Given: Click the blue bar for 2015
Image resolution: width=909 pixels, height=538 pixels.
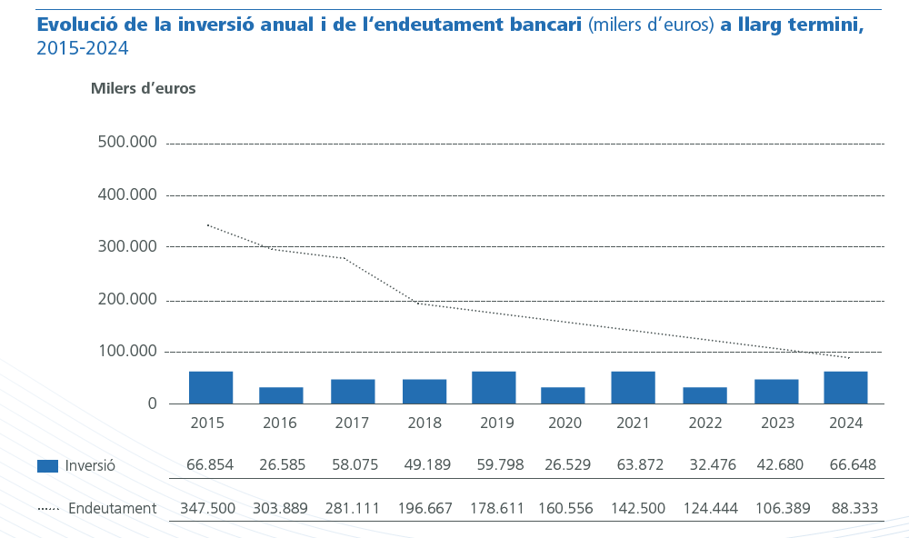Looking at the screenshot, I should coord(211,387).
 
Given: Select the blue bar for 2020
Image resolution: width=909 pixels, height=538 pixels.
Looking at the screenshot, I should coord(563,395).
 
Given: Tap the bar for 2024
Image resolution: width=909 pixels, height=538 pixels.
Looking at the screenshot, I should coord(845,387).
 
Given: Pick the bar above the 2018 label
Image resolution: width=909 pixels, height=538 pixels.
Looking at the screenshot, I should coord(425,392).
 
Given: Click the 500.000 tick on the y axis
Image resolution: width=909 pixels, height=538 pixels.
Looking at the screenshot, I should coord(126,143).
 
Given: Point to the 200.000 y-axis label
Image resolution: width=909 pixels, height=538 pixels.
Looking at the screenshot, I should coord(126,300).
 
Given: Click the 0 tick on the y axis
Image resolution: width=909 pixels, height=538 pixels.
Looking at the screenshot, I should coord(152,403).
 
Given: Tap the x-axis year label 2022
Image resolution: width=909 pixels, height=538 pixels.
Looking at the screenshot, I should coord(705,423).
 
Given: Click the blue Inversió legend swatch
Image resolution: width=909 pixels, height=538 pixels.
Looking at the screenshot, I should coord(47,466).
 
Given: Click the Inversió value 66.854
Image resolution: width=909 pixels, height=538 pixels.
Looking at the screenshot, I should coord(210,465).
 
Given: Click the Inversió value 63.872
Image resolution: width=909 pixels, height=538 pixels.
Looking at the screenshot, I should coord(634,465).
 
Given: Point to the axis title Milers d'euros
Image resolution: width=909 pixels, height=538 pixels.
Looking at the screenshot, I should coord(143,89).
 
